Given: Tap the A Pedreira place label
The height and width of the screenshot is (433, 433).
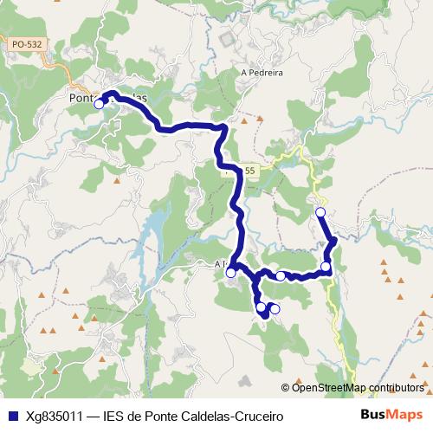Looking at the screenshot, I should (x=262, y=73).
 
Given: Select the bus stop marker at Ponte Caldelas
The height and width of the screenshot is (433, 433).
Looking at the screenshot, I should (x=99, y=104).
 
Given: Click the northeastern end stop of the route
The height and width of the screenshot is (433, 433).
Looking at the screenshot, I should (x=320, y=212).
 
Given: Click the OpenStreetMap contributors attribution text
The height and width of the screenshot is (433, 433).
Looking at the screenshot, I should (x=358, y=387).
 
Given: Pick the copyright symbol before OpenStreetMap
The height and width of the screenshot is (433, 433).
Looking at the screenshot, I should (x=287, y=387).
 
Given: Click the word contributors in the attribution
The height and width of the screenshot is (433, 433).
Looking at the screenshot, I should (x=393, y=387).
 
